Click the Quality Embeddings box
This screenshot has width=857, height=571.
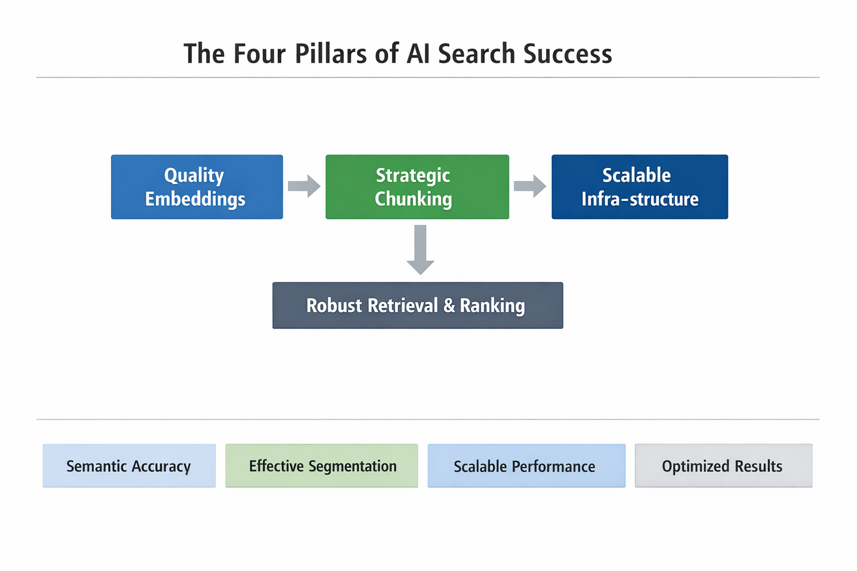(197, 187)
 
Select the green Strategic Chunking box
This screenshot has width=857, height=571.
(417, 187)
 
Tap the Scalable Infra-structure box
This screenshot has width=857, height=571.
(639, 187)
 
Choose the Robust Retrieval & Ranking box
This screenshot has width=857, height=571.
(417, 306)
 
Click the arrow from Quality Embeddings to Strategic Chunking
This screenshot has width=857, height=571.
(304, 186)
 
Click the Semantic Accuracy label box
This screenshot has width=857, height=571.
(129, 466)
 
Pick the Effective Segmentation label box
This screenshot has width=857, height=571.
(321, 466)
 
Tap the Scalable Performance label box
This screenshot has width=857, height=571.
(526, 466)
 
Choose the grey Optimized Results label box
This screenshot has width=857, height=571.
(723, 466)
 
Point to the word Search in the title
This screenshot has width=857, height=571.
(476, 54)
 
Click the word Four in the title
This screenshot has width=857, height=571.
(259, 54)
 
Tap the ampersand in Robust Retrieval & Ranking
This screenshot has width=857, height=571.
(449, 306)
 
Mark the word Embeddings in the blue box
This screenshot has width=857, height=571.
(195, 200)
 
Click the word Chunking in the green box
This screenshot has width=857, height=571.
(413, 200)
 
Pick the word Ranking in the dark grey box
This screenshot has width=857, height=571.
(492, 306)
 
